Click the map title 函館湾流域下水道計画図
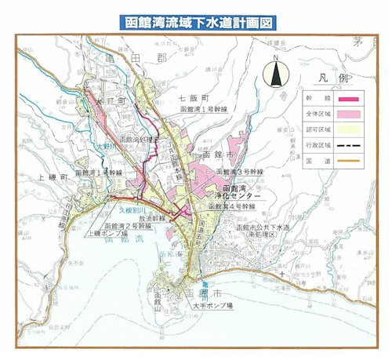coord(197,21)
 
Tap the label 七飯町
coord(193,98)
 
